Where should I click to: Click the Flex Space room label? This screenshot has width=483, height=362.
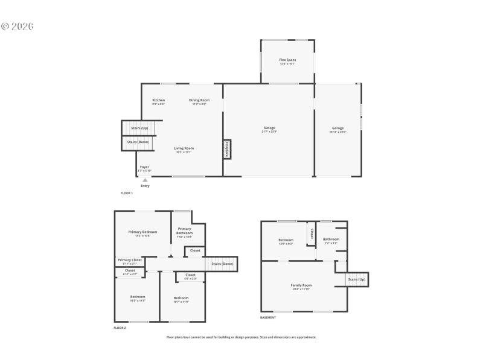(287, 60)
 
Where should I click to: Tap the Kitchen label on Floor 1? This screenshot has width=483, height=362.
(158, 100)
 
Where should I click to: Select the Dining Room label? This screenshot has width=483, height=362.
(199, 100)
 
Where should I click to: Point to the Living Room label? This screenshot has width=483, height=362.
(184, 148)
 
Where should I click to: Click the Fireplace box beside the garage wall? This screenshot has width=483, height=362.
(227, 150)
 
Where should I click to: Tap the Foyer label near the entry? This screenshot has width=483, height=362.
(144, 167)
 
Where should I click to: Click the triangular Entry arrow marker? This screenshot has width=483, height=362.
(145, 180)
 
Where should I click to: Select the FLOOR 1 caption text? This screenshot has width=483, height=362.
(126, 192)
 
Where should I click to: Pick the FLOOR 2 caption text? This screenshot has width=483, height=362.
(120, 328)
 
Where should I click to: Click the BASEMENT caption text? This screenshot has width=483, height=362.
(268, 317)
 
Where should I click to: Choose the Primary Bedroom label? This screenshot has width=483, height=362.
(142, 232)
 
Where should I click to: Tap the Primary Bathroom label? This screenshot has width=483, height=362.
(184, 230)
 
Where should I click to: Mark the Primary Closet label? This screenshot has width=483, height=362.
(130, 260)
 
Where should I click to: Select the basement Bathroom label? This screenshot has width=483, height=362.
(331, 239)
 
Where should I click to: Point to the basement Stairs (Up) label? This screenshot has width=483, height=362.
(357, 279)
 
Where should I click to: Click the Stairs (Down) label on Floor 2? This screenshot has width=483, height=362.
(222, 264)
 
